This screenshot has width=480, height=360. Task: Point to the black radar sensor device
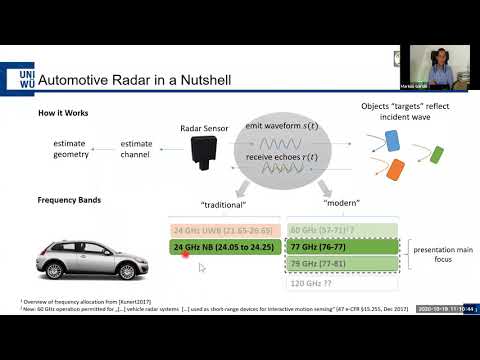tap(205, 151)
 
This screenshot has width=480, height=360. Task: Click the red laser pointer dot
tap(186, 254)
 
